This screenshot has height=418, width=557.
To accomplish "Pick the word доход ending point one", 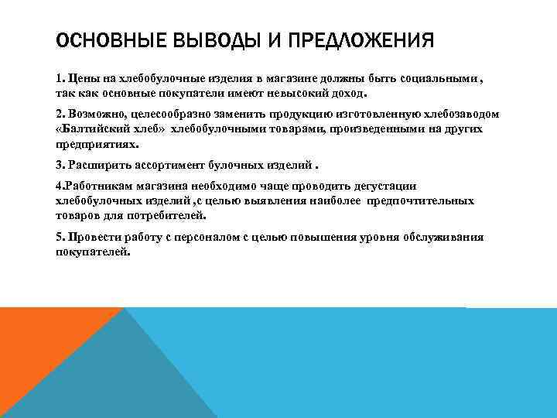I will tap(365, 92).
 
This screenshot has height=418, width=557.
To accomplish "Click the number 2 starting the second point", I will tap(60, 114).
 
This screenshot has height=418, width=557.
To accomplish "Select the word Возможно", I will tap(94, 114).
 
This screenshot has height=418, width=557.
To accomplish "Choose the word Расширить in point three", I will tap(96, 165).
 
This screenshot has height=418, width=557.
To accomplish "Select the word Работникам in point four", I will tap(102, 187).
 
